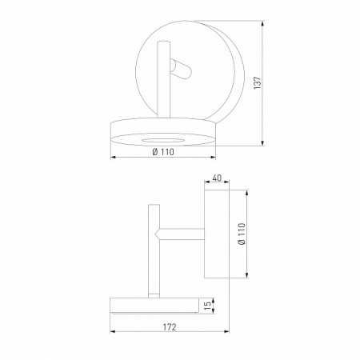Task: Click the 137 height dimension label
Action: (258, 83)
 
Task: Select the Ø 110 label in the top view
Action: (163, 152)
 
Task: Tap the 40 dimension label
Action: (217, 178)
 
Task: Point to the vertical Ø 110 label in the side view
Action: (242, 234)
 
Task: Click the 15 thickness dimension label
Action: (208, 306)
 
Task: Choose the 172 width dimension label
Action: (170, 326)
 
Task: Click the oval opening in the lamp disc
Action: (163, 141)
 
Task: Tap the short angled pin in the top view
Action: (180, 70)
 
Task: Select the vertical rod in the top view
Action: (163, 79)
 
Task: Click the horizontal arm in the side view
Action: (182, 234)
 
